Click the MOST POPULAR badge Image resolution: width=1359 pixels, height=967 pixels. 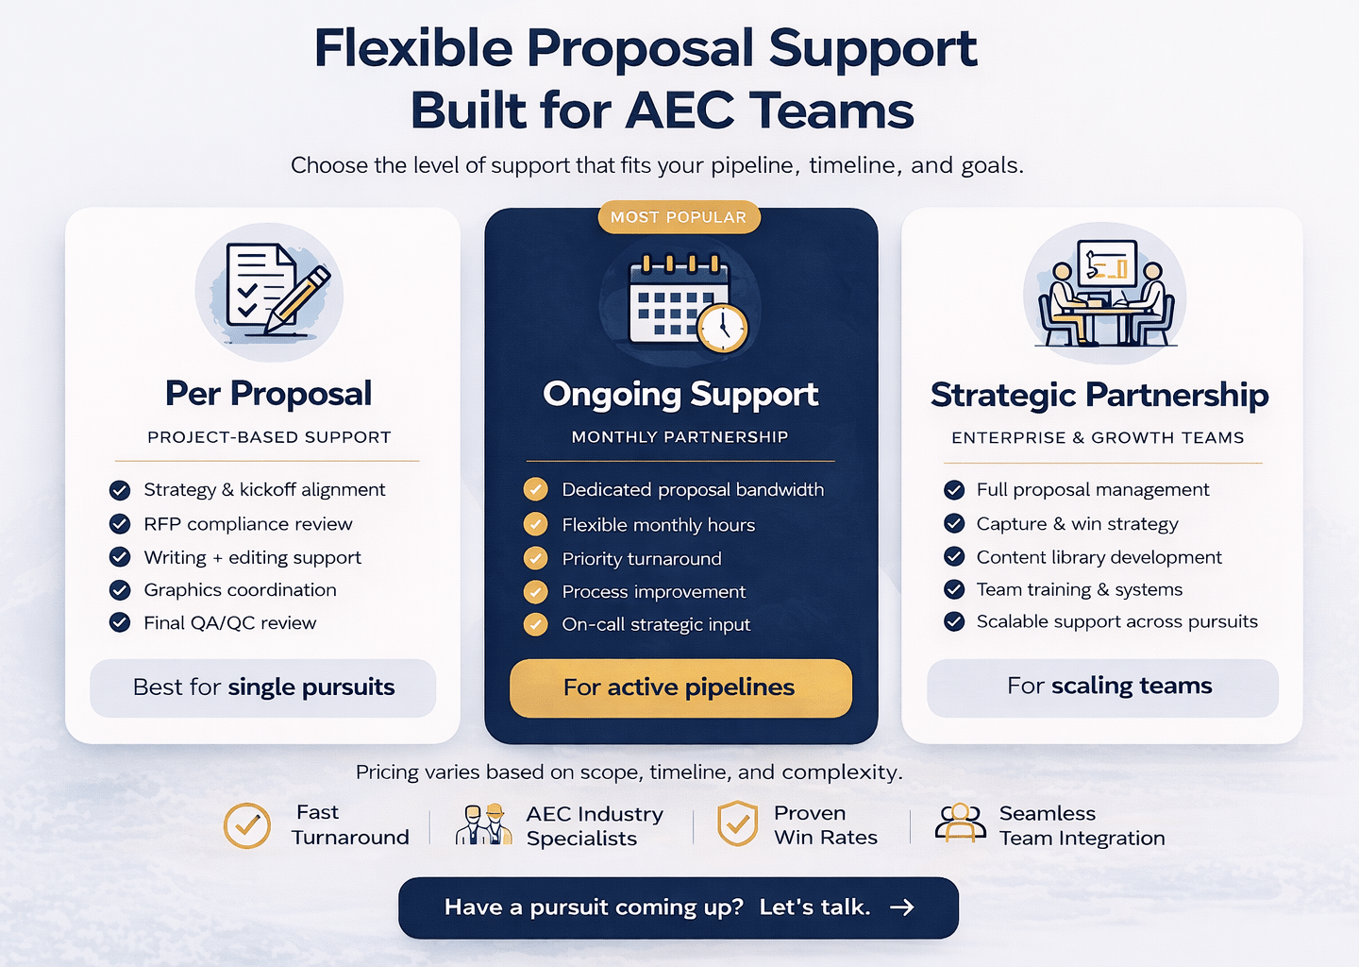[x=679, y=217]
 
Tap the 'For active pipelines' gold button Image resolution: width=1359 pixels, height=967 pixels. [x=680, y=687]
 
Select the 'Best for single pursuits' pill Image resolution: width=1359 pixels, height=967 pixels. [x=263, y=687]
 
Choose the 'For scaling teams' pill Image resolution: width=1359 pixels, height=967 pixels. [x=1102, y=687]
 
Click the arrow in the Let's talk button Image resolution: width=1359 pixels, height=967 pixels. [x=902, y=908]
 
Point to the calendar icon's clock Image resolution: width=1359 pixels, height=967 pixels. [x=723, y=327]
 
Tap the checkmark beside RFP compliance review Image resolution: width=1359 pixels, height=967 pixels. [x=120, y=524]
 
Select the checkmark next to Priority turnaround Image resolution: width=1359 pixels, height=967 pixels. [x=536, y=559]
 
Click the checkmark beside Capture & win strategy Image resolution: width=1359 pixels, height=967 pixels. [x=954, y=524]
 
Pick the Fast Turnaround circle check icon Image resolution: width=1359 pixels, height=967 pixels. [x=247, y=825]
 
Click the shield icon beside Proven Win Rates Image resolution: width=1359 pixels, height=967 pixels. [x=737, y=824]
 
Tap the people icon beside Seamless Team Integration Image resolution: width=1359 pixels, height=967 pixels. [x=961, y=823]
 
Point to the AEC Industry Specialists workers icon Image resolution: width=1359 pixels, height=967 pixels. [x=482, y=824]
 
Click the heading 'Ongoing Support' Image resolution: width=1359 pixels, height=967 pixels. [x=680, y=394]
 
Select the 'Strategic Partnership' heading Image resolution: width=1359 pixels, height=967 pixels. [x=1099, y=395]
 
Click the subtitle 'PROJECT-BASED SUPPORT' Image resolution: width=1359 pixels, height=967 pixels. [x=269, y=437]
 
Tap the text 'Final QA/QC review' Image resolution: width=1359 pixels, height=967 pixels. [x=229, y=623]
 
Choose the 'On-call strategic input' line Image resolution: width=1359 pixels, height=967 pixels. [x=656, y=625]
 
